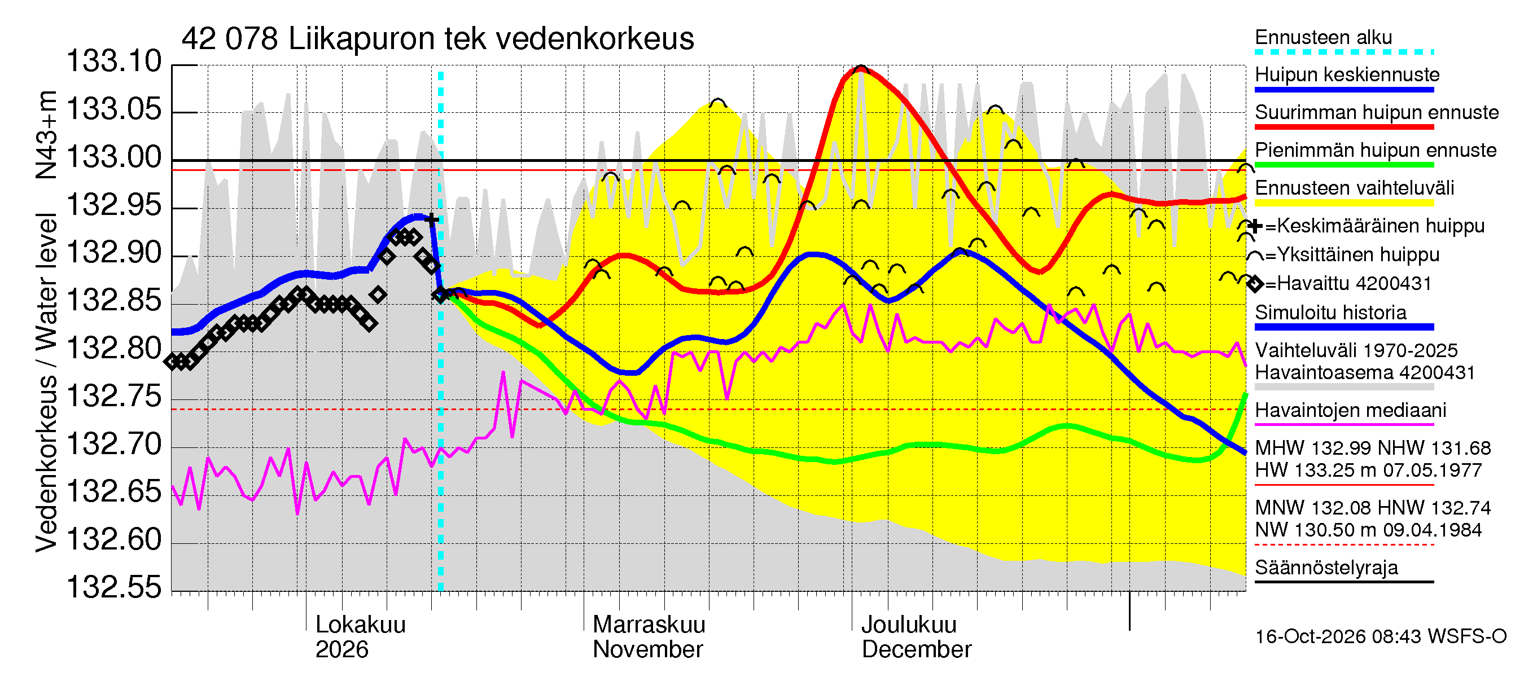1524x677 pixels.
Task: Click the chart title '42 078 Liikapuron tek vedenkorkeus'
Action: [438, 39]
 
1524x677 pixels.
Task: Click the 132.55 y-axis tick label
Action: [113, 587]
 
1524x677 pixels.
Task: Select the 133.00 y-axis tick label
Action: [113, 157]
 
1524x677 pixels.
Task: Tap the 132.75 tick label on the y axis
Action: [113, 396]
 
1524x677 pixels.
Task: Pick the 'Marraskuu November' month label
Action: [649, 637]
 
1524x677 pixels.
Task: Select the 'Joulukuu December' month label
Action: [917, 637]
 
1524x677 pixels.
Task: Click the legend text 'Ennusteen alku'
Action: [1324, 37]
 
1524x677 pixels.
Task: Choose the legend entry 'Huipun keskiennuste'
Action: [1347, 75]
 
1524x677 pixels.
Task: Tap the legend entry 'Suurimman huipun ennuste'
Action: [1377, 112]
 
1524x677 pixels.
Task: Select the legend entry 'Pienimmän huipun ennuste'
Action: [1376, 150]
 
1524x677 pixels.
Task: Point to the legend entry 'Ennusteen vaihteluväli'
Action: [1354, 188]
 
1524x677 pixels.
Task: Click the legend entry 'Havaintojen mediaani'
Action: [1351, 410]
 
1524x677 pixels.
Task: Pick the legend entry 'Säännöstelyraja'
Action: [1326, 568]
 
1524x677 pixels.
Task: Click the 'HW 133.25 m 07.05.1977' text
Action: [1368, 471]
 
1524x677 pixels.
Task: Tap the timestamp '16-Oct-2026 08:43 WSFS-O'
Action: [1381, 637]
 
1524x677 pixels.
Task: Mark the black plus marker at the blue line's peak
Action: [432, 220]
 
